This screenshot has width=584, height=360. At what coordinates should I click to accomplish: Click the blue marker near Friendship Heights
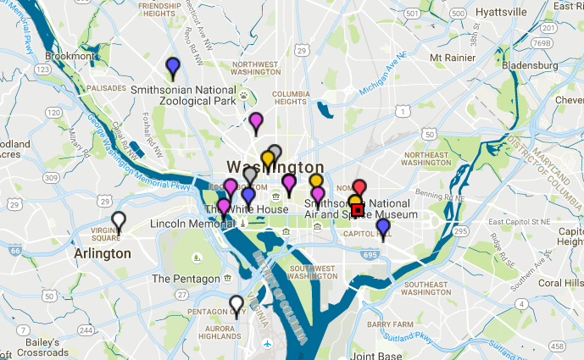coord(173,66)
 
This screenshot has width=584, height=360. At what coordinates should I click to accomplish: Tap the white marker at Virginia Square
coord(120,220)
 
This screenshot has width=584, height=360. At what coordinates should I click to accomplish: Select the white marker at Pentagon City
coord(236,304)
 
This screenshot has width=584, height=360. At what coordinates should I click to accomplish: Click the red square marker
coord(358,209)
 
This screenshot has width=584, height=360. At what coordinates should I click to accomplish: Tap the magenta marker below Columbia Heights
coord(256,123)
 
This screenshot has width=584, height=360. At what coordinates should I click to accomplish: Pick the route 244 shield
coord(85,330)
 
